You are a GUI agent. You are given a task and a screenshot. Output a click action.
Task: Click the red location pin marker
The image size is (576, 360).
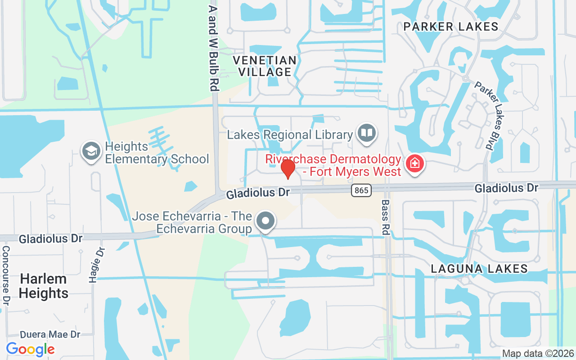coord(288,169)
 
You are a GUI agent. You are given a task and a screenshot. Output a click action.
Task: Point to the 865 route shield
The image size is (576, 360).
coord(361,190)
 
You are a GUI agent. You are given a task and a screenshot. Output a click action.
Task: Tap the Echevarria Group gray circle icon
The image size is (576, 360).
coord(265,221)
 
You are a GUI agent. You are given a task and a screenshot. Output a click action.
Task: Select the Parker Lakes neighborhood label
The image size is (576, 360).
coord(451,27)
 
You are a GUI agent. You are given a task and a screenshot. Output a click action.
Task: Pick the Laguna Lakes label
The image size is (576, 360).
coord(479,269)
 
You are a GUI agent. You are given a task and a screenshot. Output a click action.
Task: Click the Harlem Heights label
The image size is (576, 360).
coord(44,286)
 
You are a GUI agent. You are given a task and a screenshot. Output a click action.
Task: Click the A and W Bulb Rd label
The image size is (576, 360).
coord(214,48)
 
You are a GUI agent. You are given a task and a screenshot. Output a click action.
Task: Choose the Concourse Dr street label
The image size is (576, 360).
coord(6,274)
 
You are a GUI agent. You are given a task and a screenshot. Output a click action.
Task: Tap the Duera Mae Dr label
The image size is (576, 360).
coord(50,335)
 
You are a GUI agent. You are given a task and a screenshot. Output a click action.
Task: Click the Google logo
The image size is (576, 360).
coord(30,349)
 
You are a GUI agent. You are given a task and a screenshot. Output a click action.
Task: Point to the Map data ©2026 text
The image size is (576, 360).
coord(538,353)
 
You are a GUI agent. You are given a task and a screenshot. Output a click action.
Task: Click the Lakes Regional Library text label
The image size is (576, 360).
coord(290,135)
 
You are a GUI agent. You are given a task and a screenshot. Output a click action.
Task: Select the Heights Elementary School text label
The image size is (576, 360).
coord(157,153)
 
